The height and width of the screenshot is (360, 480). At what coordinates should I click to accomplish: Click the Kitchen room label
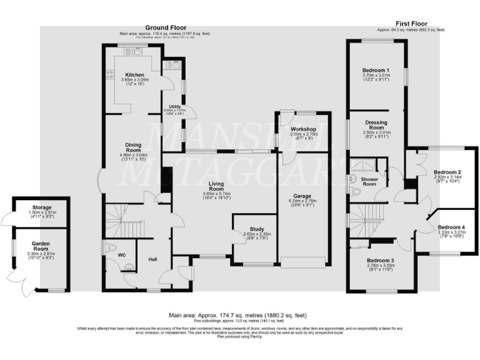135,74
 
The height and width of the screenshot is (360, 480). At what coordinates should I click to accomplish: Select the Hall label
152,258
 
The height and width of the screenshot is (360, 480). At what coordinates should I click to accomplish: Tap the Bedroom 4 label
451,227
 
